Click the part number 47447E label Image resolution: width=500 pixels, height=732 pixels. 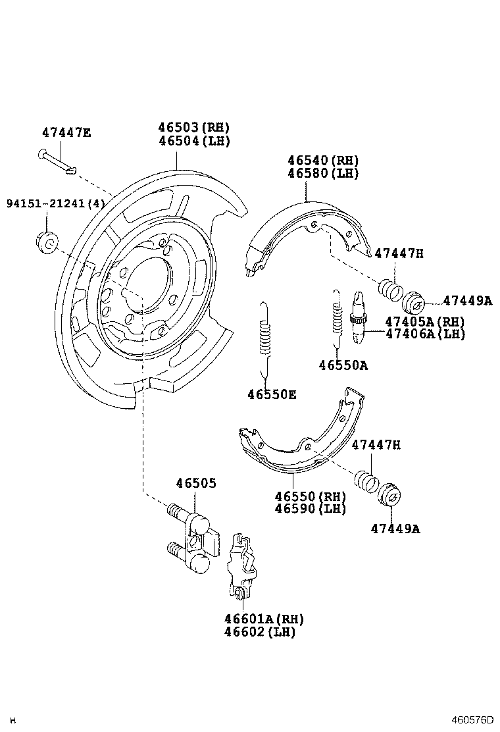pos(66,132)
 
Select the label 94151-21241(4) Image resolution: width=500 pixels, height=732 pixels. pos(55,204)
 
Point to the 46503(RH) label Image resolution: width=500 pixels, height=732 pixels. pos(194,128)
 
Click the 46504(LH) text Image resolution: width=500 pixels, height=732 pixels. pos(194,141)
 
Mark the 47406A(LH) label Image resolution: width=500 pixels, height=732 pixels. pos(425,334)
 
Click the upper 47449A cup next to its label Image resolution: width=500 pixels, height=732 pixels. pos(414,302)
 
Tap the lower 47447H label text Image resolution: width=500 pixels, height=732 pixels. pos(376,446)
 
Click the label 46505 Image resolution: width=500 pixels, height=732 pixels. pos(195,483)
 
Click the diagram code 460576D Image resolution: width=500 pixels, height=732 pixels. pos(472,719)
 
